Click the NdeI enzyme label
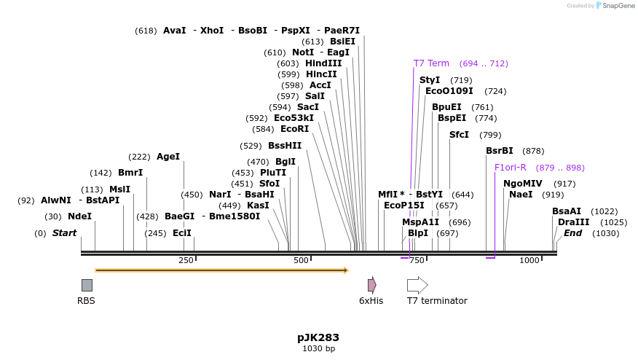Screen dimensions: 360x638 point(79,216)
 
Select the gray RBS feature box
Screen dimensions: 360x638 point(87,285)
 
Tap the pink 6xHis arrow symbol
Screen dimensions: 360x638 point(371,285)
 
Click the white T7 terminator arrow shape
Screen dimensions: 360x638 point(417,285)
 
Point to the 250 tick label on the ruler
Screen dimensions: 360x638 point(186,261)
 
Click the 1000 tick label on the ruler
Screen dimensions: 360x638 point(529,261)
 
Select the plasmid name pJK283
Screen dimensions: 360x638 point(318,337)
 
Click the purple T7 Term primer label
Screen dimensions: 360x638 point(431,63)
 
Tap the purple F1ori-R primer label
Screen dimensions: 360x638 point(510,168)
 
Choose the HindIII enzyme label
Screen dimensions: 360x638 point(323,63)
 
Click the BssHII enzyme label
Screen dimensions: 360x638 point(285,146)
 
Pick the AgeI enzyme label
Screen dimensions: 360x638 point(168,157)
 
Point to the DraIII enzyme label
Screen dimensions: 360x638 point(573,222)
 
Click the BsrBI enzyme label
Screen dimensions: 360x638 point(500,151)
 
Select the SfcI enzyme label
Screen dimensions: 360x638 point(459,135)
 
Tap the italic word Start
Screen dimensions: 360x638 point(64,233)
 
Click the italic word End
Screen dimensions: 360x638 point(572,233)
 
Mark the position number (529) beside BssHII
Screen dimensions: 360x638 point(251,146)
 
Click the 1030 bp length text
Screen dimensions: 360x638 point(318,349)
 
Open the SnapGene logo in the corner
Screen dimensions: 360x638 point(615,6)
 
